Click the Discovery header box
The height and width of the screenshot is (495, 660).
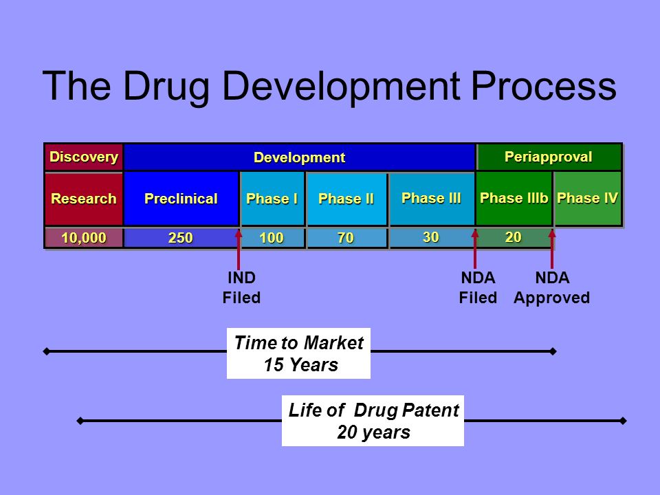click(x=83, y=157)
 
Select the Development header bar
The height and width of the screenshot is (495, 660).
click(x=299, y=157)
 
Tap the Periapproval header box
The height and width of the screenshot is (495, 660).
click(x=549, y=157)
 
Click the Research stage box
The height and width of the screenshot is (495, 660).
click(x=83, y=199)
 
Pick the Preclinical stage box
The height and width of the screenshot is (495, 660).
click(x=180, y=199)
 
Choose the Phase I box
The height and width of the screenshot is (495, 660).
click(x=272, y=199)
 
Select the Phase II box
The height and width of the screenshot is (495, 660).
click(x=346, y=199)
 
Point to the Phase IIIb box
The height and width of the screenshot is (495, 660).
click(x=514, y=199)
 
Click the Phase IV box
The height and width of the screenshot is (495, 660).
click(x=588, y=199)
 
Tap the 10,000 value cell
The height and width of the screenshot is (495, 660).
click(x=83, y=238)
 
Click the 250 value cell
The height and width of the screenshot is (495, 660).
click(x=181, y=238)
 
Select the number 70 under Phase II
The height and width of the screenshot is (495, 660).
click(x=346, y=238)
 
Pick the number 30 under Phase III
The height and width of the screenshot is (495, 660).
click(x=431, y=237)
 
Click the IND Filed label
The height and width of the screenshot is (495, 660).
click(x=241, y=288)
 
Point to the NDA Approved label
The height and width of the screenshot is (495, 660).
click(x=551, y=288)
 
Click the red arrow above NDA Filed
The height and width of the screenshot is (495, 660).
click(x=476, y=248)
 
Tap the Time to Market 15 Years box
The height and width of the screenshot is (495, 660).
click(x=298, y=353)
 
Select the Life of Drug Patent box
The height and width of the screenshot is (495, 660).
click(x=373, y=421)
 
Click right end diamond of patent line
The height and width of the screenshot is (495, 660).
click(x=623, y=421)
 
